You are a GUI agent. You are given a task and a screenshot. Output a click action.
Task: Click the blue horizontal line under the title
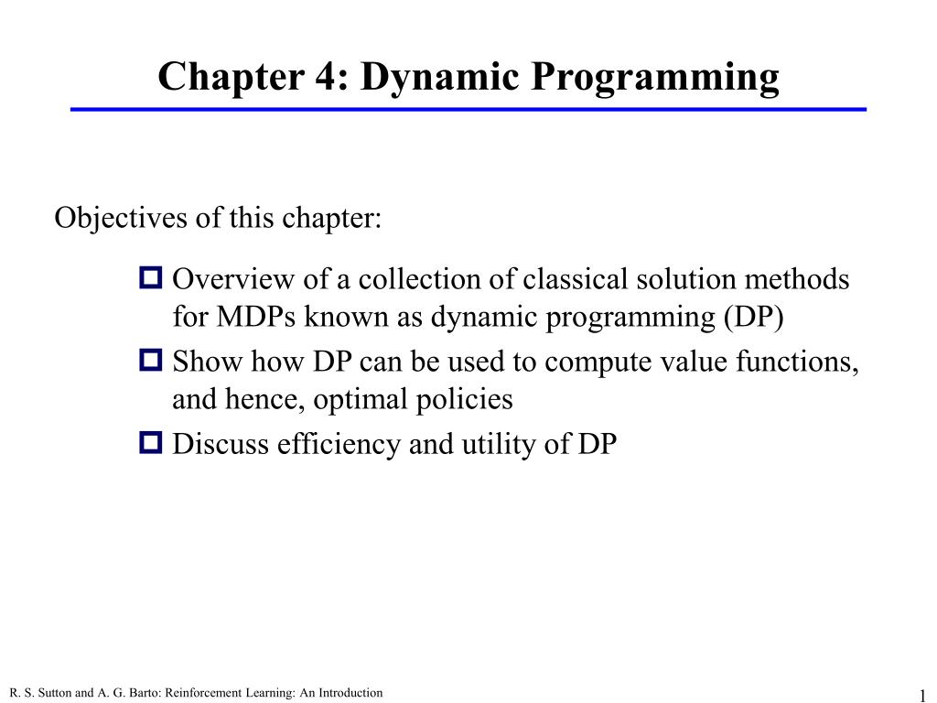468,110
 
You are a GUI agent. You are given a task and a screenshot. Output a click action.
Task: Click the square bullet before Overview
151,276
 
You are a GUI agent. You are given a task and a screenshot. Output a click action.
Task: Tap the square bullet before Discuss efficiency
151,443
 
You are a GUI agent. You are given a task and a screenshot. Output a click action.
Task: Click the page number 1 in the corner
923,694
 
